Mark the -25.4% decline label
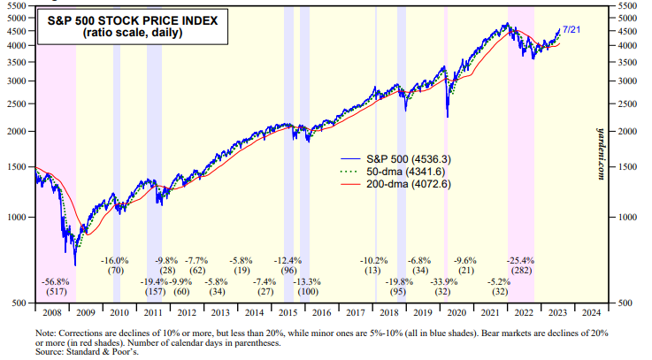[519, 260]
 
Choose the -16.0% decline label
[115, 260]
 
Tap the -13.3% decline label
[308, 281]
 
